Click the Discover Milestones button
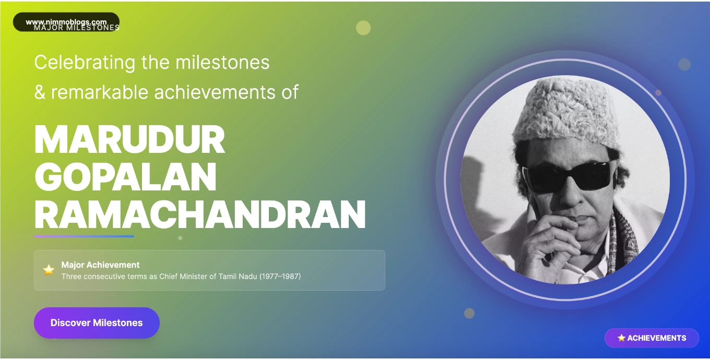97,323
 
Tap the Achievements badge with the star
652,338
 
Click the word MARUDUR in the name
129,140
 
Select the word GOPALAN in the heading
125,177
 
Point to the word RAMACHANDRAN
200,214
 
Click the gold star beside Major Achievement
49,270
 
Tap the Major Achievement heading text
100,265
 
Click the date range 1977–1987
281,277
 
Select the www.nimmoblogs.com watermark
66,22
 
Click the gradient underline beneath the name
84,236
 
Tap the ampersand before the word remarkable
40,93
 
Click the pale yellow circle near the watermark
363,28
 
